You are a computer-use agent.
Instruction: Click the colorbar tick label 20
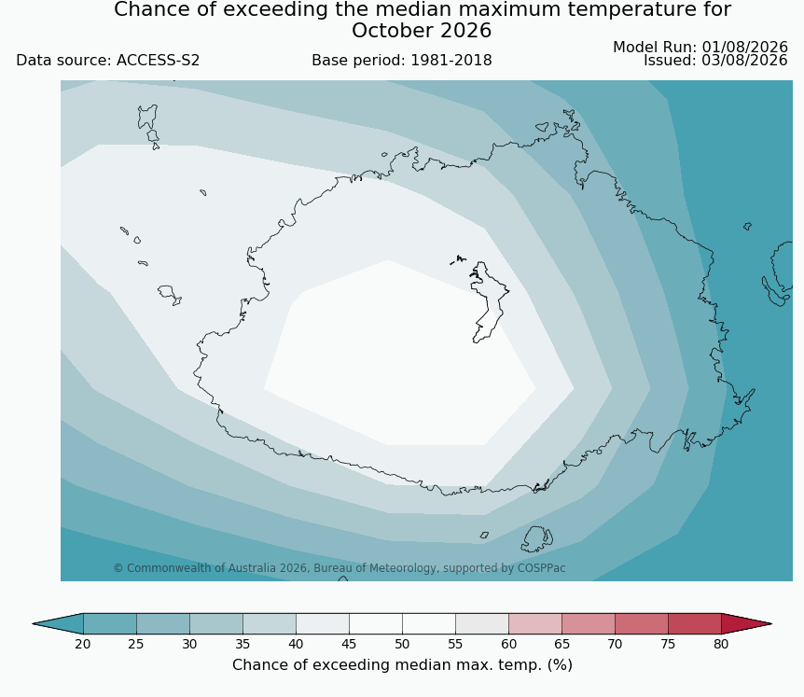tap(83, 644)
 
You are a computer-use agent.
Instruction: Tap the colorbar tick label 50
tap(402, 644)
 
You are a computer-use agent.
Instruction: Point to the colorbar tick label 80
tap(721, 644)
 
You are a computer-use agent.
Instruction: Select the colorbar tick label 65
tap(561, 644)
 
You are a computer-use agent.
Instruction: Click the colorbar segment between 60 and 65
tap(535, 623)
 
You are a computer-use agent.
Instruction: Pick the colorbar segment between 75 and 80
tap(695, 623)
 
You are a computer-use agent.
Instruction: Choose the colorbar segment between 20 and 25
tap(110, 623)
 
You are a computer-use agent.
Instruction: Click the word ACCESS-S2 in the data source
tap(158, 61)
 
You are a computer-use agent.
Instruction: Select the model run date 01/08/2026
tap(744, 48)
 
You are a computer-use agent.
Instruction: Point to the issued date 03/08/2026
tap(744, 61)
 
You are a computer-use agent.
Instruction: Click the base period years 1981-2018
tap(451, 61)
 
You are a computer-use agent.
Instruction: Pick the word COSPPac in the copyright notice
tap(542, 568)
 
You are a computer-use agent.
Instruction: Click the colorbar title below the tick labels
tap(402, 665)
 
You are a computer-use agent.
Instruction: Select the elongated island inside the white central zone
tap(489, 301)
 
